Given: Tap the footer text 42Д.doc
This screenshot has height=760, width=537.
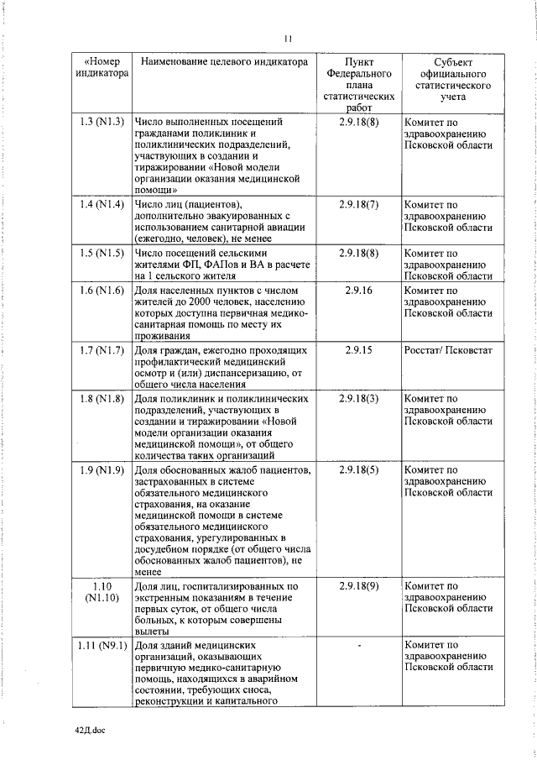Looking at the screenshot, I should (91, 731).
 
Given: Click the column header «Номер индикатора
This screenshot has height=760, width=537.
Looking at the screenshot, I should (102, 68).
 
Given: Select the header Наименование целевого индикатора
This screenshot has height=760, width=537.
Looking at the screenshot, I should (221, 62).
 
